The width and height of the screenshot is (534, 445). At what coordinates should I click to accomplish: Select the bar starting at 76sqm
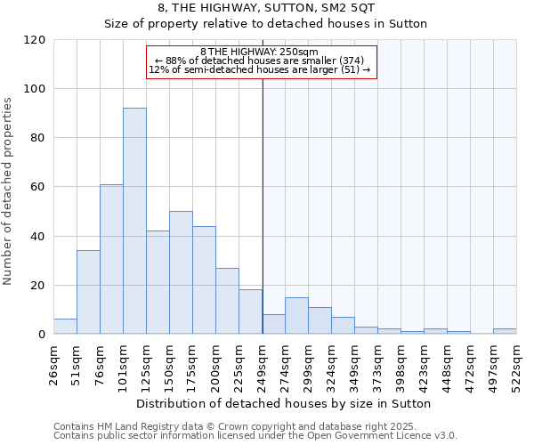click(111, 259)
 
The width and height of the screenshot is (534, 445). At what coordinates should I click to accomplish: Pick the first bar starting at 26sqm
click(65, 327)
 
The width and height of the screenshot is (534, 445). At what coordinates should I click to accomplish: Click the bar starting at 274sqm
click(296, 316)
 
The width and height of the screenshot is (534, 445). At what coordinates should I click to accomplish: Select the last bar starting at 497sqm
click(505, 331)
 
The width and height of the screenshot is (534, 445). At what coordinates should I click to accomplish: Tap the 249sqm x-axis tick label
click(262, 364)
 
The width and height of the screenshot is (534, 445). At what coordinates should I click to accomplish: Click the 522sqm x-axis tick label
click(516, 364)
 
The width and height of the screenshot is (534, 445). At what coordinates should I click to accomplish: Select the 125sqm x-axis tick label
click(146, 364)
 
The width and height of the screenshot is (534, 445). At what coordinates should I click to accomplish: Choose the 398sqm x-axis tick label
click(400, 364)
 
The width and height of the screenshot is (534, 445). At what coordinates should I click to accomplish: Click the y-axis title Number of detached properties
click(8, 192)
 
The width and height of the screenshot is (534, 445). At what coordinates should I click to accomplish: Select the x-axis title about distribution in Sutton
click(285, 403)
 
